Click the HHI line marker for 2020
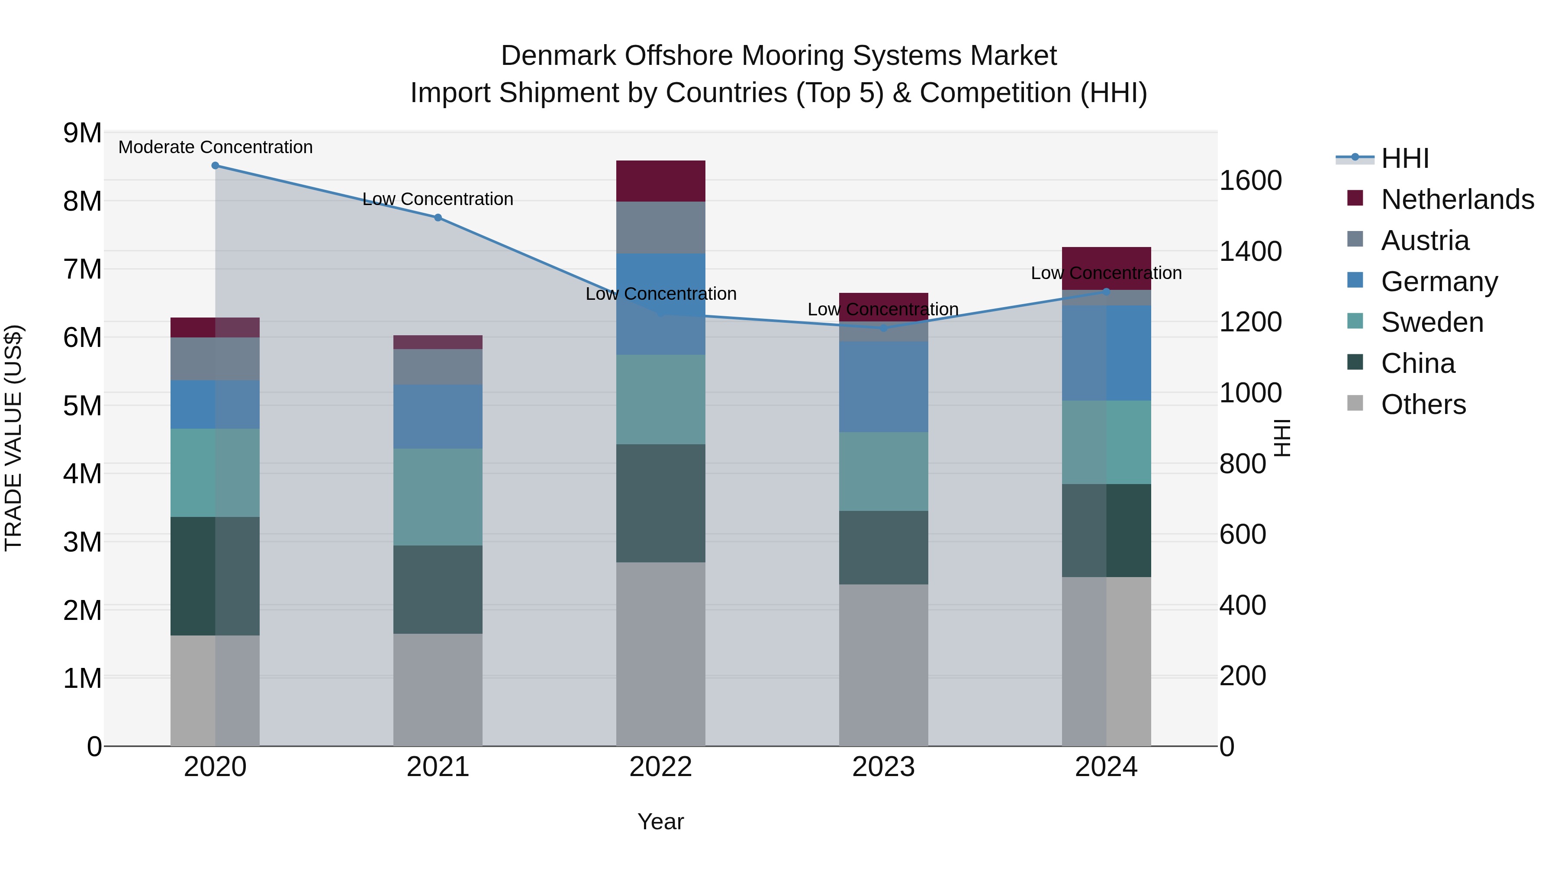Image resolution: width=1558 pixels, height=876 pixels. (x=216, y=166)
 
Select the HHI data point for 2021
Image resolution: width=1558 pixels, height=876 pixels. (x=438, y=218)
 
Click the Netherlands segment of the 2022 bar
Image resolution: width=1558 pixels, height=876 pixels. (x=660, y=181)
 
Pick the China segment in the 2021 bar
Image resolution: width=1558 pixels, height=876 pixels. (x=438, y=590)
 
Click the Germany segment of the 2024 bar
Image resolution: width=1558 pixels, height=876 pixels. (x=1106, y=353)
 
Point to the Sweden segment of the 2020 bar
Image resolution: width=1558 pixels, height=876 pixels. (x=216, y=473)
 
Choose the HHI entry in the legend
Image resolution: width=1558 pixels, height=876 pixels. (x=1404, y=158)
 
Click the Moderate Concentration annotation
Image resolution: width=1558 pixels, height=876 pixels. (x=216, y=147)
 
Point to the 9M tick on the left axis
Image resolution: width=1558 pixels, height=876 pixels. (x=82, y=133)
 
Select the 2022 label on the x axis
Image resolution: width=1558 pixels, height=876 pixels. (x=660, y=767)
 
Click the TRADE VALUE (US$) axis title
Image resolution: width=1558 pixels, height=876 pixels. (x=13, y=438)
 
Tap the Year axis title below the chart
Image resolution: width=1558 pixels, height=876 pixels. (x=660, y=821)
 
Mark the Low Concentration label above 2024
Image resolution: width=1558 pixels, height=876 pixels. (x=1106, y=273)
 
